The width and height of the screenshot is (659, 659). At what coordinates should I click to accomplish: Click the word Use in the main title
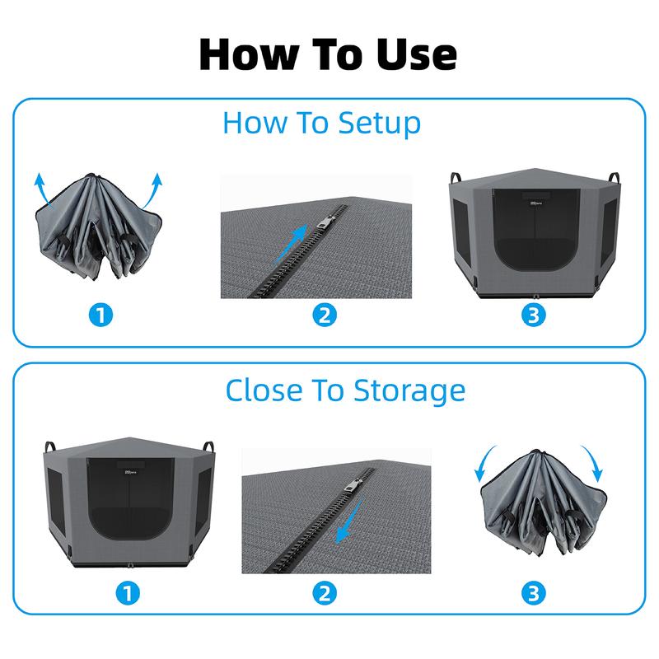[416, 54]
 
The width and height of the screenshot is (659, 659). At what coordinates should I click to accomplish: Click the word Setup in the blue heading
[379, 124]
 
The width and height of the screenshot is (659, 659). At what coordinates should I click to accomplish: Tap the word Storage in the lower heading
[409, 391]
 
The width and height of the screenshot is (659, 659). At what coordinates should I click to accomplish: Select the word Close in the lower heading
[264, 390]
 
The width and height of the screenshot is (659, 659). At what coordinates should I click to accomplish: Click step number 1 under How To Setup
[100, 315]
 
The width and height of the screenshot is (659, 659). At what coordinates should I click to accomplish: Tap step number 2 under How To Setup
[325, 315]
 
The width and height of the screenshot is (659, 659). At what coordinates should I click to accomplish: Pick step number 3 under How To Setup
[534, 315]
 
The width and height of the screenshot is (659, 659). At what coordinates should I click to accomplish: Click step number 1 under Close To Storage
[128, 593]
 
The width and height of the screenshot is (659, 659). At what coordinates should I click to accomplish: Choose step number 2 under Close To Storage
[325, 593]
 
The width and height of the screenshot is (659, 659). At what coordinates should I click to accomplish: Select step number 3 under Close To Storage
[534, 593]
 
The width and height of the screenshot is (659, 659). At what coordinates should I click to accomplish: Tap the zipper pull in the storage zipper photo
[352, 485]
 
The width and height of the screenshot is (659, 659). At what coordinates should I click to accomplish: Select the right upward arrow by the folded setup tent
[153, 190]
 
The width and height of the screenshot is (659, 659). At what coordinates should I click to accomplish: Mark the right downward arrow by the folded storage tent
[593, 462]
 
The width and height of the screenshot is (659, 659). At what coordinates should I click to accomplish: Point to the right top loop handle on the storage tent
[208, 446]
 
